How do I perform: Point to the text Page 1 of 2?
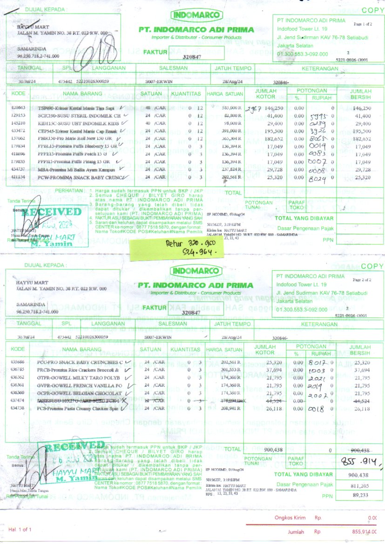(x=363, y=24)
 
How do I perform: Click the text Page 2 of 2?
(x=363, y=280)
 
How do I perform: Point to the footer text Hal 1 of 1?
(x=20, y=530)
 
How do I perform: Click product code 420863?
(x=18, y=108)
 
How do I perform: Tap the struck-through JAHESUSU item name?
(x=77, y=401)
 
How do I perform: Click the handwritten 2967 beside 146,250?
(x=254, y=108)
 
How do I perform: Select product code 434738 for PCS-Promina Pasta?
(x=18, y=408)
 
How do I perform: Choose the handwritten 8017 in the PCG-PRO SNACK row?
(x=319, y=362)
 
